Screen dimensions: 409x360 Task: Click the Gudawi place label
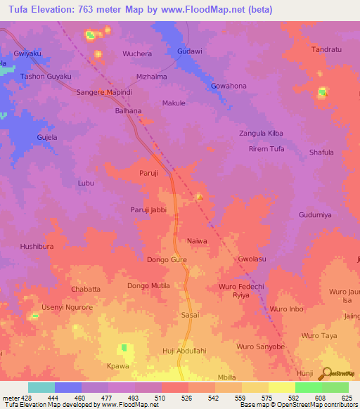190,51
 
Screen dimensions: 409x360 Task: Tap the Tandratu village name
327,49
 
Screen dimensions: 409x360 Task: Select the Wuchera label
137,53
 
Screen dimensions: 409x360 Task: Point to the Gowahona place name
229,86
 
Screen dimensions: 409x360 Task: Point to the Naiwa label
197,241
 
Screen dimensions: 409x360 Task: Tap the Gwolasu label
252,259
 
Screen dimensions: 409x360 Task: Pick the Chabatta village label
86,289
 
